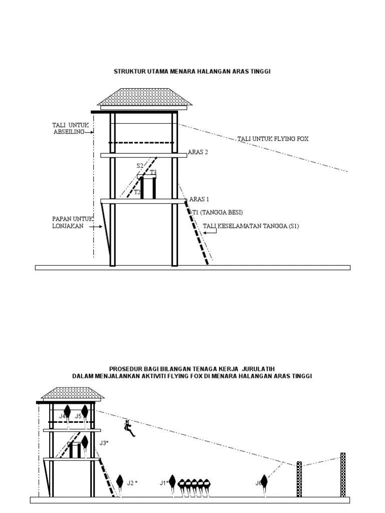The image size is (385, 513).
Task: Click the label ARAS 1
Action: tap(199, 199)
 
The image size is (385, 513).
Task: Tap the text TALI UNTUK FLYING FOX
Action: tap(273, 139)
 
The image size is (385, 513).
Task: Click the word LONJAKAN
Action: tap(70, 226)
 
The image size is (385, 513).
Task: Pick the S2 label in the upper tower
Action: tap(140, 165)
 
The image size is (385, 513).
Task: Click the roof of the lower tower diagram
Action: tap(72, 394)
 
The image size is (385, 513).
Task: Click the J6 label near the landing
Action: tap(259, 483)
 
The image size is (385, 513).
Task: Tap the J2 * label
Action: tap(132, 483)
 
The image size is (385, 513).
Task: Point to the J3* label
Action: tap(104, 443)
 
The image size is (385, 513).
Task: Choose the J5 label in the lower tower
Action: tap(78, 416)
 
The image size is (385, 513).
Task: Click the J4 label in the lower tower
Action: tap(62, 416)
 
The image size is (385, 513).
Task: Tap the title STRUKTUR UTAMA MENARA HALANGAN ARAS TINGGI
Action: tap(192, 72)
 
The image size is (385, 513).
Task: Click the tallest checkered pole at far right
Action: tap(343, 474)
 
